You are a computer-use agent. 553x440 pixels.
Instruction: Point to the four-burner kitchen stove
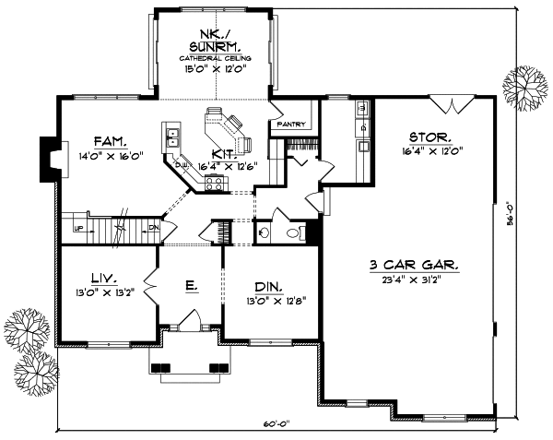pos(214,183)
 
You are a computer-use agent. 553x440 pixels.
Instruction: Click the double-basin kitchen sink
pos(172,139)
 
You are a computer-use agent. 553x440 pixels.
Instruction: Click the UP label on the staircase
pos(78,228)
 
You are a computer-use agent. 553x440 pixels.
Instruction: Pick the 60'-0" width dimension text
pos(276,423)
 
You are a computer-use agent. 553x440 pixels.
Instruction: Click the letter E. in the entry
pos(190,286)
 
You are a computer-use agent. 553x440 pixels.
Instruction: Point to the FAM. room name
pos(108,142)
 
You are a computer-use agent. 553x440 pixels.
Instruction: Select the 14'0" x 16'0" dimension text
pos(108,157)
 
